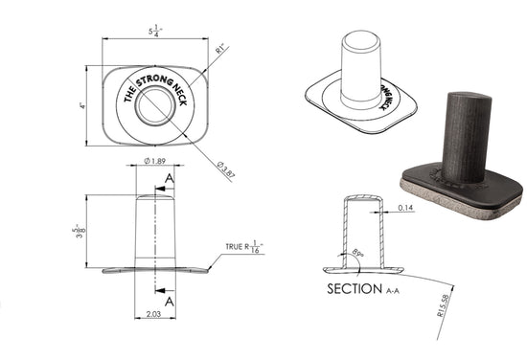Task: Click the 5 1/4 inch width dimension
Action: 155,32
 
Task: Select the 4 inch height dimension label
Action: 82,105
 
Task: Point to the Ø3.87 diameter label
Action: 226,169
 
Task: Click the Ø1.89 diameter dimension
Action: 155,161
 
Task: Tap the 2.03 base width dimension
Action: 153,314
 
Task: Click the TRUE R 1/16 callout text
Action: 244,247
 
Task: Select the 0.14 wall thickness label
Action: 405,208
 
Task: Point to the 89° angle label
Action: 357,253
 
